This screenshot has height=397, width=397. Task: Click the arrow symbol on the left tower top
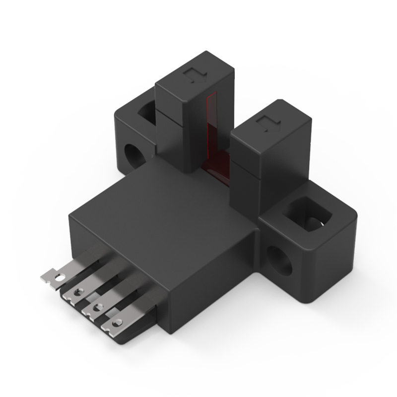click(191, 75)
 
